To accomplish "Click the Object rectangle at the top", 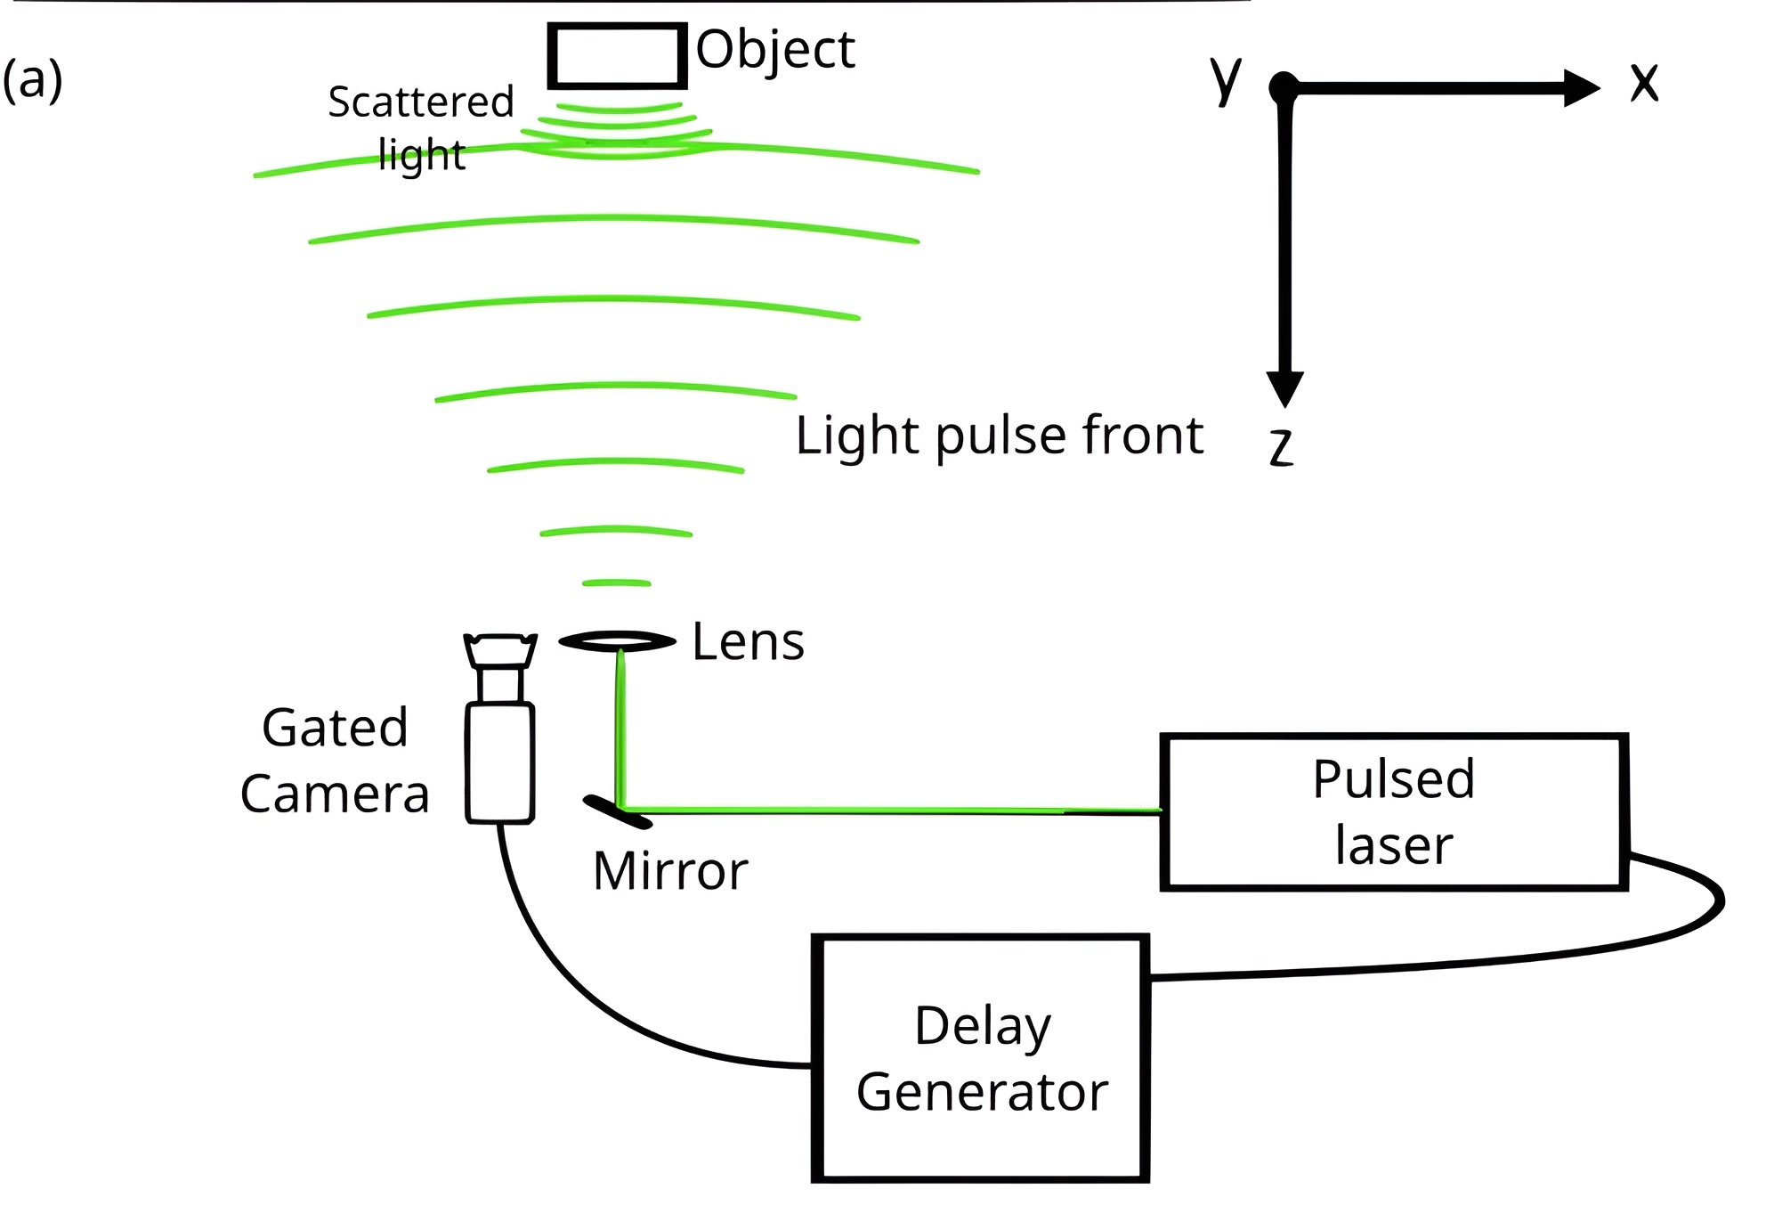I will (x=617, y=56).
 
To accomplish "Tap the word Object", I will (x=774, y=50).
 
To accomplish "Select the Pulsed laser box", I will (x=1394, y=812).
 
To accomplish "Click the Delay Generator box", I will (x=981, y=1058).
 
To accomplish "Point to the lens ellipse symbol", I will (x=617, y=641).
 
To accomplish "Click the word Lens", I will (x=748, y=642).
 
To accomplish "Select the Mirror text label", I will (x=669, y=871).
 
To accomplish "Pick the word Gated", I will (x=335, y=728).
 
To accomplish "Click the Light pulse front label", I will (x=999, y=436).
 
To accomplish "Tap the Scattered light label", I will (x=420, y=126).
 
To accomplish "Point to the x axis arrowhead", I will (x=1583, y=88).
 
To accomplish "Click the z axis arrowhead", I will (x=1284, y=388).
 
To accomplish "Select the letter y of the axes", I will (x=1226, y=78).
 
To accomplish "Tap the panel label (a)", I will (x=33, y=80).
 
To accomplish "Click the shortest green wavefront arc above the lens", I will (x=616, y=583).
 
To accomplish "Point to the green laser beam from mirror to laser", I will (x=890, y=811).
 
